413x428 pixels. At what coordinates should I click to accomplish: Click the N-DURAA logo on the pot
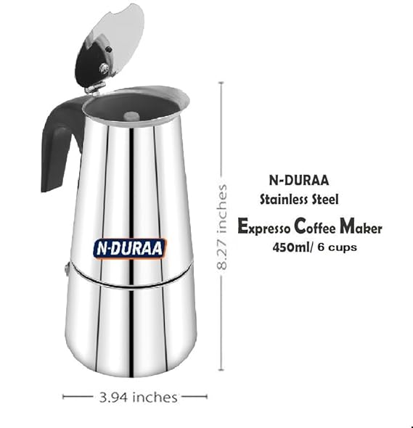click(129, 248)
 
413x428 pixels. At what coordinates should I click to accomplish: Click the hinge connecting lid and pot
click(95, 88)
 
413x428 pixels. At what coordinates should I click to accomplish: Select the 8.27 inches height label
click(222, 227)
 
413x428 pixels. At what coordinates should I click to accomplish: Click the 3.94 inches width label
click(138, 397)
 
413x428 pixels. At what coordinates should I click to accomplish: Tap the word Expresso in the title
click(264, 227)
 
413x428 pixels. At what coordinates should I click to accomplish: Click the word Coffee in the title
click(315, 226)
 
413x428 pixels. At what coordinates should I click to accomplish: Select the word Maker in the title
click(361, 226)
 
